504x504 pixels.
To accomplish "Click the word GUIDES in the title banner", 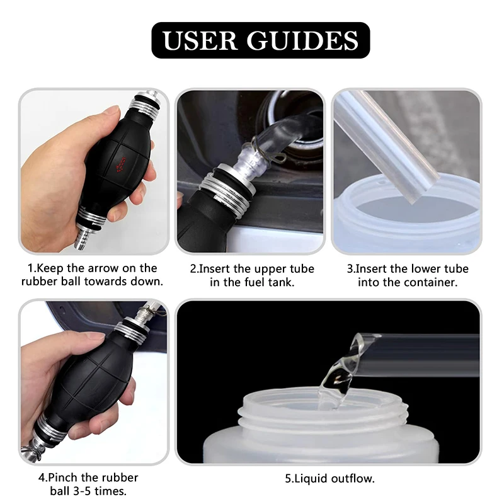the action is [x=302, y=40].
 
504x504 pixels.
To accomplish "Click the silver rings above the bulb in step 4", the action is [x=131, y=331].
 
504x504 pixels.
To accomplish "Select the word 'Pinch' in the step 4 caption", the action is [x=63, y=478].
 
